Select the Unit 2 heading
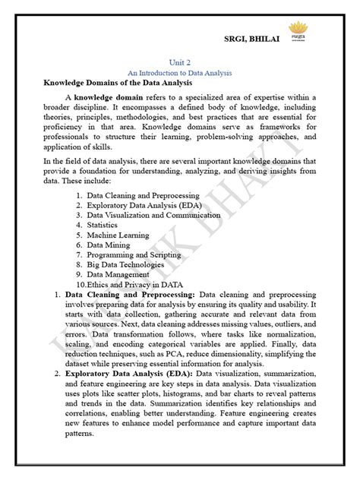(x=180, y=64)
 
